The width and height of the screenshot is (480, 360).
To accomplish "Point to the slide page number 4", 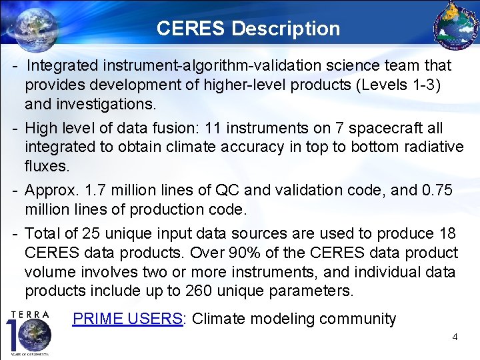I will tap(455, 337).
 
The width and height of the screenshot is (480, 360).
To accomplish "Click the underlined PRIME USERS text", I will tap(127, 319).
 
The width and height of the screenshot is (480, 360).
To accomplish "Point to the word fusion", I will tap(175, 127).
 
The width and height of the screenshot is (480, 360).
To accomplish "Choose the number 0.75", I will tap(437, 190).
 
